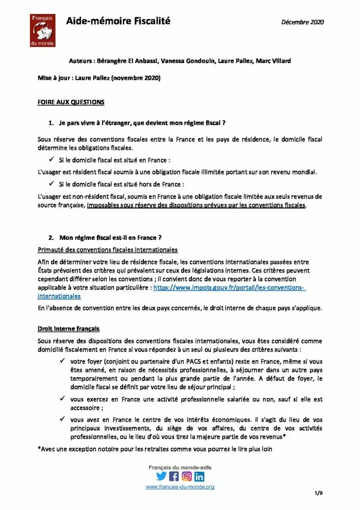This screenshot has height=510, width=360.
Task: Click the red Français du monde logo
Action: (x=43, y=30)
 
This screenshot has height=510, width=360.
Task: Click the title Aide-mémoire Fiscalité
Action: (x=118, y=21)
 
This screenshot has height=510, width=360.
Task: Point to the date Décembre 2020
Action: (x=302, y=22)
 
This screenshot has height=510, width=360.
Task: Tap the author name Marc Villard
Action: (x=274, y=61)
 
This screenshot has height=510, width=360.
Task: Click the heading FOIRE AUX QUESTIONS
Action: (x=71, y=102)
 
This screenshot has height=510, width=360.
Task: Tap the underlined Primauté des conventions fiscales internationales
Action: (x=107, y=250)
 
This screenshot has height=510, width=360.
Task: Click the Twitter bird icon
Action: (x=161, y=476)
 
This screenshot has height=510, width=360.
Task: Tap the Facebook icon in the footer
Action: (x=174, y=476)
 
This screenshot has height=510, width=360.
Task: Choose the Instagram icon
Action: (x=187, y=476)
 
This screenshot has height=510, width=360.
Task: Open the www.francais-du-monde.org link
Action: (x=180, y=487)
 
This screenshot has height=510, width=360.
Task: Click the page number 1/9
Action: (x=319, y=493)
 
